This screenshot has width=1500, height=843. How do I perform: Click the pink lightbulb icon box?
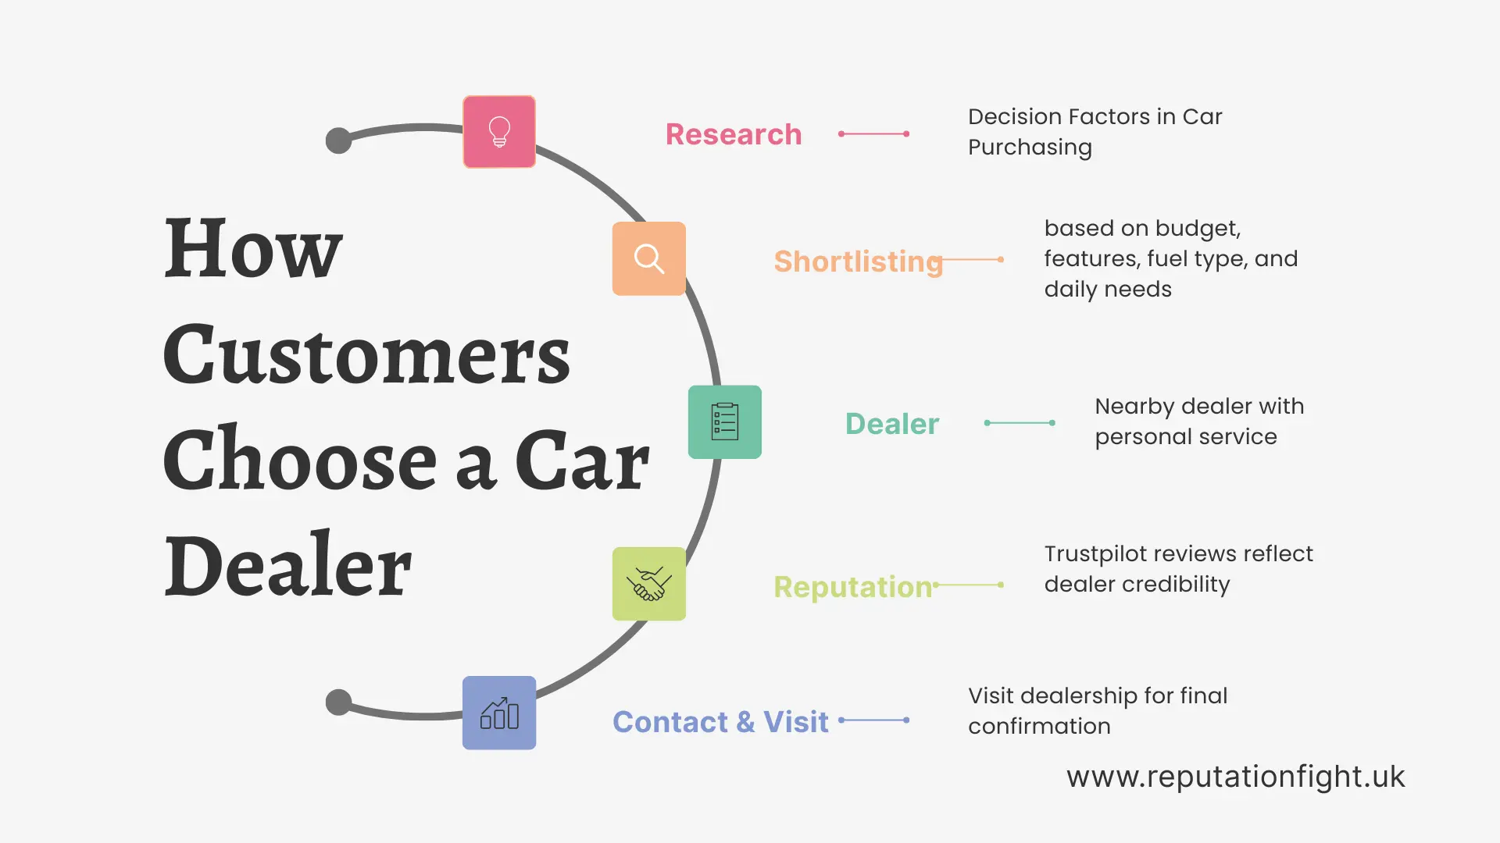point(499,132)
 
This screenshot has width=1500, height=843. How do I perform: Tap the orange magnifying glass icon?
point(648,258)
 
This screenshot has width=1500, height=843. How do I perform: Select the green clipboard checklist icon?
point(724,421)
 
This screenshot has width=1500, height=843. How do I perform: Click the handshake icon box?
point(648,584)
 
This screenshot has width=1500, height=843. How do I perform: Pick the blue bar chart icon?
point(499,713)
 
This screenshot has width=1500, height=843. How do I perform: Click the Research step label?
point(733,134)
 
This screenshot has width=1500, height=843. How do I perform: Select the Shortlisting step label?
point(858,261)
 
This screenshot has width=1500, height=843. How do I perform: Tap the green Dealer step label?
point(891,424)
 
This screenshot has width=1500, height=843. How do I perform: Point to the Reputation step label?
point(852,587)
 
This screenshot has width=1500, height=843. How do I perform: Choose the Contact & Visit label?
point(720,722)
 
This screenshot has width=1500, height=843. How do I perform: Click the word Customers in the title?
point(366,355)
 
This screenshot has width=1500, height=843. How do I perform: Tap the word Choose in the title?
point(299,461)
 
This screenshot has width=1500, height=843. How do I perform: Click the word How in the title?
point(253,249)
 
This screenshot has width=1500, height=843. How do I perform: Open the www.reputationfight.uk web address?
point(1235,777)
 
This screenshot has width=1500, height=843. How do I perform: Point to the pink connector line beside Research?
point(873,134)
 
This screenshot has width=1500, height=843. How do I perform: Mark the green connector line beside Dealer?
point(1020,423)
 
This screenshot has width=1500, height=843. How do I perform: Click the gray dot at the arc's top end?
point(338,140)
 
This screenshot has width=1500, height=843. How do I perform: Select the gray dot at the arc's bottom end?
point(338,702)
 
